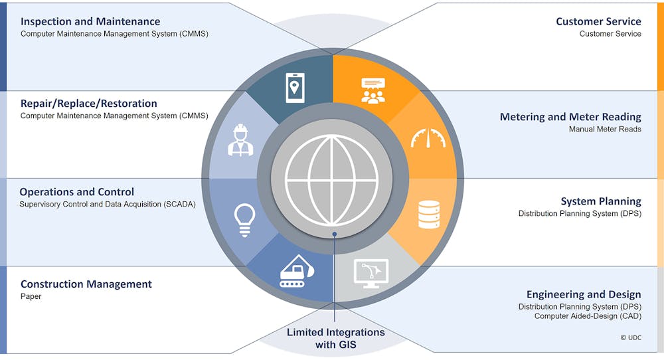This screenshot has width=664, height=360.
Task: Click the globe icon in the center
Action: (331, 181)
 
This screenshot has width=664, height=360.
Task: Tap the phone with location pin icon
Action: (295, 88)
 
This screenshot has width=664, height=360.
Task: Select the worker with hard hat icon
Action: (240, 140)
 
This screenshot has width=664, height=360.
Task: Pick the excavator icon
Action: (296, 272)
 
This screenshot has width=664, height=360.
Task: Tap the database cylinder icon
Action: (428, 215)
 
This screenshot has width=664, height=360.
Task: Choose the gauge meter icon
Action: (428, 138)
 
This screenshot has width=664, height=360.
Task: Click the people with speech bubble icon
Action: (373, 90)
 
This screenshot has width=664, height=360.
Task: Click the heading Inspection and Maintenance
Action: (90, 22)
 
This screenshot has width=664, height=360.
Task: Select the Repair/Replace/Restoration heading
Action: (88, 104)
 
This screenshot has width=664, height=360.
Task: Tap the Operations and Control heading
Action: (76, 192)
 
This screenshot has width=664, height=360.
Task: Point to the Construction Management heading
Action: (86, 284)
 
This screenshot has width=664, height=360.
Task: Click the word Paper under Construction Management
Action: (31, 296)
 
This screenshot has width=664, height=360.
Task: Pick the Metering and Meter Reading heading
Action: (570, 117)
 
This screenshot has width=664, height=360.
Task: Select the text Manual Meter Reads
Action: (605, 129)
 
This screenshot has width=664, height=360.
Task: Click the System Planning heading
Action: (601, 201)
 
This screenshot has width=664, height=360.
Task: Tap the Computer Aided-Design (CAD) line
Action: (588, 316)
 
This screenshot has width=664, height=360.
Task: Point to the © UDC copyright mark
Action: (631, 337)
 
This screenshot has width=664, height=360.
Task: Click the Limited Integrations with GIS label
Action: (336, 338)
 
